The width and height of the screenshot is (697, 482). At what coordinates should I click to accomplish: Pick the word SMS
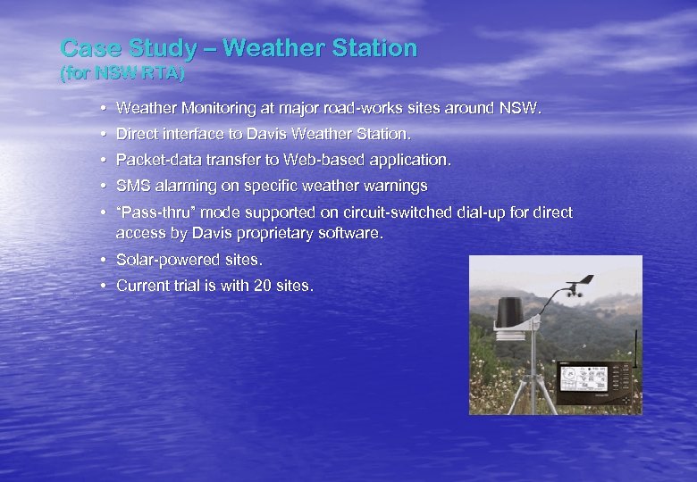click(131, 187)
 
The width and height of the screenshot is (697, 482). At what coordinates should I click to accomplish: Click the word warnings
click(396, 187)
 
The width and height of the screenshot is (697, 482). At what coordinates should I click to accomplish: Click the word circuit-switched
click(371, 213)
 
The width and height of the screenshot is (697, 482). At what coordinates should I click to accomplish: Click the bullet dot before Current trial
click(105, 286)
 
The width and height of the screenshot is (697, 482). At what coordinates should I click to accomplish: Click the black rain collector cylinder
click(511, 312)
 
